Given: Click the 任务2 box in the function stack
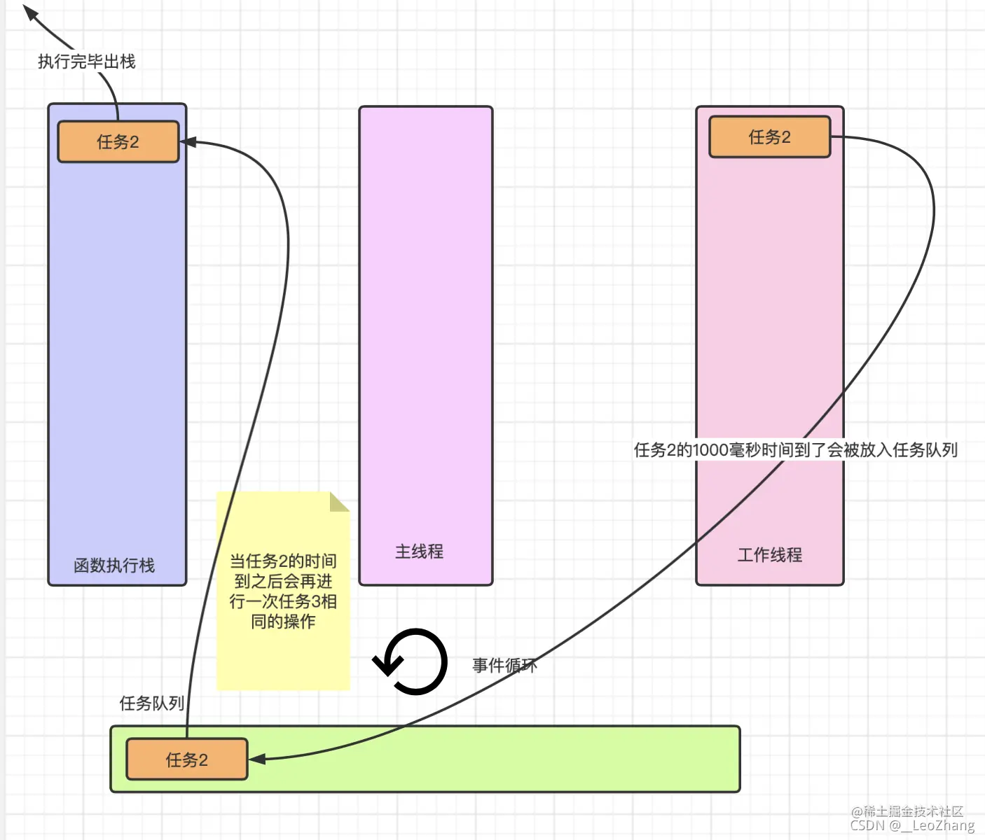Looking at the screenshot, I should (x=118, y=142).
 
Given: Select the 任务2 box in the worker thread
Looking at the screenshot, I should (x=769, y=137).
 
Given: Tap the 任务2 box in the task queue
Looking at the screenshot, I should (x=186, y=759).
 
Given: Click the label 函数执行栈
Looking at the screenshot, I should (x=114, y=565).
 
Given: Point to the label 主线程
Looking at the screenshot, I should (x=419, y=552).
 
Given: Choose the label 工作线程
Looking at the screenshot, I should (x=769, y=555).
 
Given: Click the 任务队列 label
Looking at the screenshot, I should (x=151, y=703).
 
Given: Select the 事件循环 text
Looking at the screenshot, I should (x=504, y=665).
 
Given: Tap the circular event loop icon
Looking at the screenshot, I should (x=412, y=661).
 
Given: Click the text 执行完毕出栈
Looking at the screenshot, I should (x=87, y=62).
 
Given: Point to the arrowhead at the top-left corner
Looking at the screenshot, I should (x=29, y=12).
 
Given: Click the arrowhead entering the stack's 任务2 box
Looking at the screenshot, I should (x=188, y=142).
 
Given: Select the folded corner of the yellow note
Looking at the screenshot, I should (x=340, y=501).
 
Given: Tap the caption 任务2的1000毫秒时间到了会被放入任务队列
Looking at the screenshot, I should (x=795, y=450).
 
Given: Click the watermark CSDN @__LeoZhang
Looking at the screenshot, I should (x=912, y=825).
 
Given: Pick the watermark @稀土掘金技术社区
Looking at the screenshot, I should (x=907, y=811).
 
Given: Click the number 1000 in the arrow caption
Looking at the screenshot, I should (x=710, y=450).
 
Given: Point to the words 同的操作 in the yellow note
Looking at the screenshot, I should (x=283, y=622).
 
